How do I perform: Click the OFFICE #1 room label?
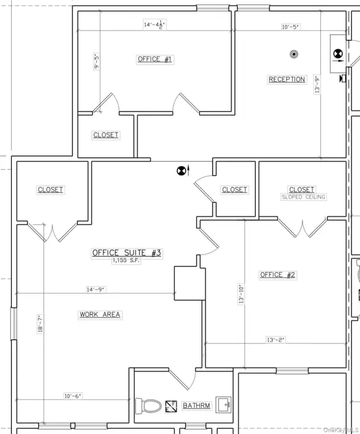(x=155, y=59)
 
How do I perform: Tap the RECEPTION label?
(x=287, y=79)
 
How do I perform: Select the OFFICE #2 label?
(x=277, y=275)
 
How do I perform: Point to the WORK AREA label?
(x=100, y=315)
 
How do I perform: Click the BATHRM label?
(x=196, y=406)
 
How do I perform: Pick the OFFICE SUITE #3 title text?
(x=127, y=253)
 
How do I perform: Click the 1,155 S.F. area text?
(x=126, y=260)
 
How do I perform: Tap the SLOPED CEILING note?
(x=303, y=197)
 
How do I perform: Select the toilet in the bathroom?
(x=148, y=406)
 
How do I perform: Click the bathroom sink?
(x=224, y=405)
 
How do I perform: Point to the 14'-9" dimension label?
(x=95, y=290)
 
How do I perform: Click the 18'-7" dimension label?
(x=40, y=324)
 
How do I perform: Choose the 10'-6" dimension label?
(x=73, y=396)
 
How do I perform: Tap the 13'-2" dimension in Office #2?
(x=276, y=340)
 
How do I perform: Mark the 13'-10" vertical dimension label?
(x=241, y=294)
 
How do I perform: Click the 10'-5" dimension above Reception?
(x=290, y=27)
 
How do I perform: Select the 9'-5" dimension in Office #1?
(x=97, y=62)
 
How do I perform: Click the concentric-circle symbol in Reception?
(x=294, y=54)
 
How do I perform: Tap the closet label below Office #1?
(x=106, y=135)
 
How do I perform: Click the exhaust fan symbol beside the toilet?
(x=171, y=406)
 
